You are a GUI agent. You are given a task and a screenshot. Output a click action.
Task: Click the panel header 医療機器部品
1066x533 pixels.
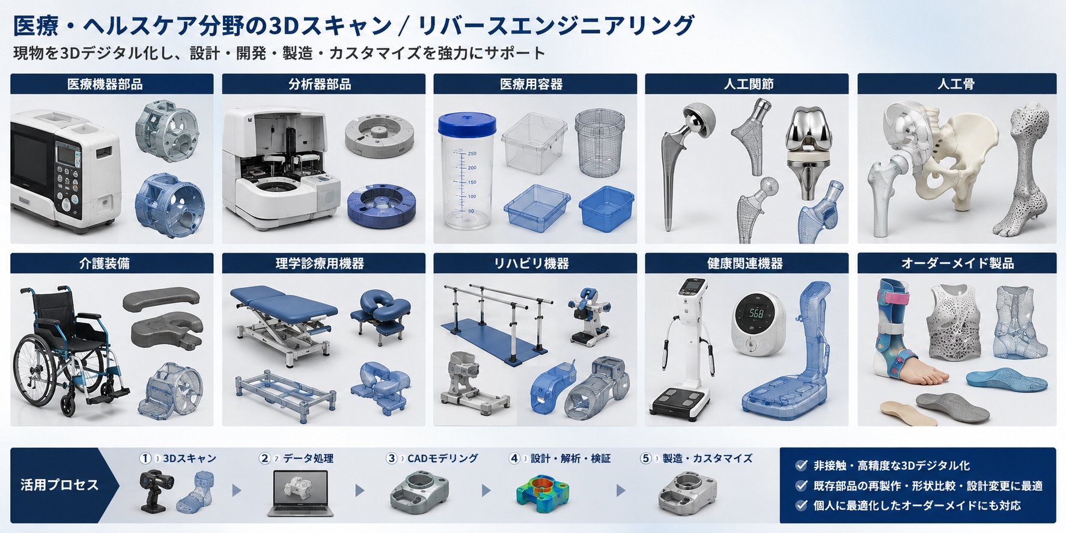tap(105, 84)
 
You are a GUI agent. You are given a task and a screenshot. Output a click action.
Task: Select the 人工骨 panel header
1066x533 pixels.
tap(956, 84)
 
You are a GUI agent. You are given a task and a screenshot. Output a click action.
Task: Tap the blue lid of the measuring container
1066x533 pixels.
tap(467, 124)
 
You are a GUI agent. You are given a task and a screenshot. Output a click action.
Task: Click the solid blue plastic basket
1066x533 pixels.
tap(606, 209)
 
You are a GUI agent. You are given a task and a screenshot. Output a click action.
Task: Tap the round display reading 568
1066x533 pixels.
tap(758, 323)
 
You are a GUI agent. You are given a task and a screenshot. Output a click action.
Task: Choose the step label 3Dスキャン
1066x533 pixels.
tap(189, 458)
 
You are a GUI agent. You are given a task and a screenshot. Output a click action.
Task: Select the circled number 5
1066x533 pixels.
tap(646, 458)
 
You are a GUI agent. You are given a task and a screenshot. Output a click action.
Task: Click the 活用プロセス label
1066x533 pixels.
tap(59, 485)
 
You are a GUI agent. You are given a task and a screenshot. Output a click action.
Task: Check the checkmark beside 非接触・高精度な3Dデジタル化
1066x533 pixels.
tap(801, 465)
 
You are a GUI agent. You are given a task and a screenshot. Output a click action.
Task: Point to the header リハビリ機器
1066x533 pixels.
tap(531, 263)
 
